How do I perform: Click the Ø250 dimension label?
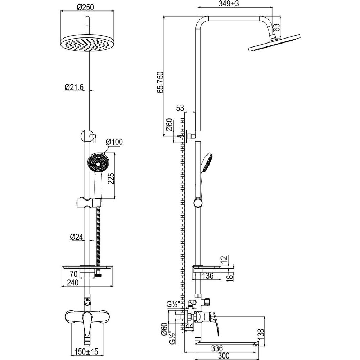coord(85,7)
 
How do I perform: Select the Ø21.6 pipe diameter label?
coord(74,87)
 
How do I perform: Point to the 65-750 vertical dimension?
coord(160,82)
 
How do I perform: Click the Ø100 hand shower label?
coord(114,141)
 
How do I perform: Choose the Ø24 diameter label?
coord(76,237)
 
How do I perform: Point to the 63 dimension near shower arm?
coord(276,28)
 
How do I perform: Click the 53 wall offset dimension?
coord(180,108)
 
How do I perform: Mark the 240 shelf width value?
coord(73,282)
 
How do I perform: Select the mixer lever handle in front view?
coord(87,324)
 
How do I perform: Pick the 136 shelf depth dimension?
coord(208,275)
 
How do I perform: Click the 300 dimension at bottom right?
coord(224,356)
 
